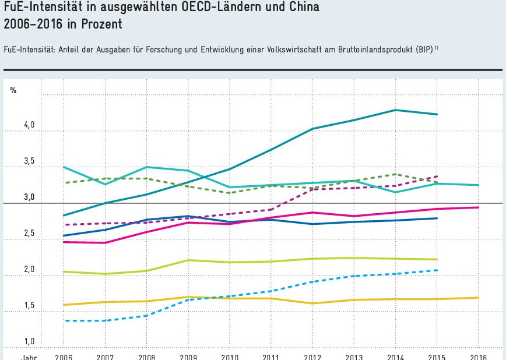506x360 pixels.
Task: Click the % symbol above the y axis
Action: click(13, 90)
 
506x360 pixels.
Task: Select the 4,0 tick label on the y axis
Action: click(29, 126)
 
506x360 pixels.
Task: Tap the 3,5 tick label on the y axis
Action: click(29, 162)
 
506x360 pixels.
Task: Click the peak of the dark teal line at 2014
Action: click(396, 110)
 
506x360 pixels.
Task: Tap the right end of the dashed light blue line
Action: click(437, 270)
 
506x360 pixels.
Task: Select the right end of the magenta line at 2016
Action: click(479, 207)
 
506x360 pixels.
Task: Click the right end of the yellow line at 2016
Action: click(479, 298)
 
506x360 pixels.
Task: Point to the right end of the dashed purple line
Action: click(437, 176)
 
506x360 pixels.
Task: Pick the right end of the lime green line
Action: click(437, 259)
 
